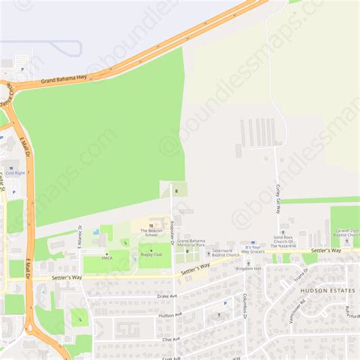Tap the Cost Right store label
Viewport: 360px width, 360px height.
[15, 173]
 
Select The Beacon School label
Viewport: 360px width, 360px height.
[149, 232]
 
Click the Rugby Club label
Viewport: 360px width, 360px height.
[150, 254]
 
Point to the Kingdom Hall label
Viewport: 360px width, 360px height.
[248, 268]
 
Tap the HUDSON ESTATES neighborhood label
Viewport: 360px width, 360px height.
[327, 290]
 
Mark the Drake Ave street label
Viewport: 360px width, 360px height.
[166, 296]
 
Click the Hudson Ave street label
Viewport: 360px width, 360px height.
[168, 314]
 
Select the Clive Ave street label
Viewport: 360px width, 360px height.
[170, 339]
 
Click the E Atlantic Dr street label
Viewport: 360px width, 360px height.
[79, 237]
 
